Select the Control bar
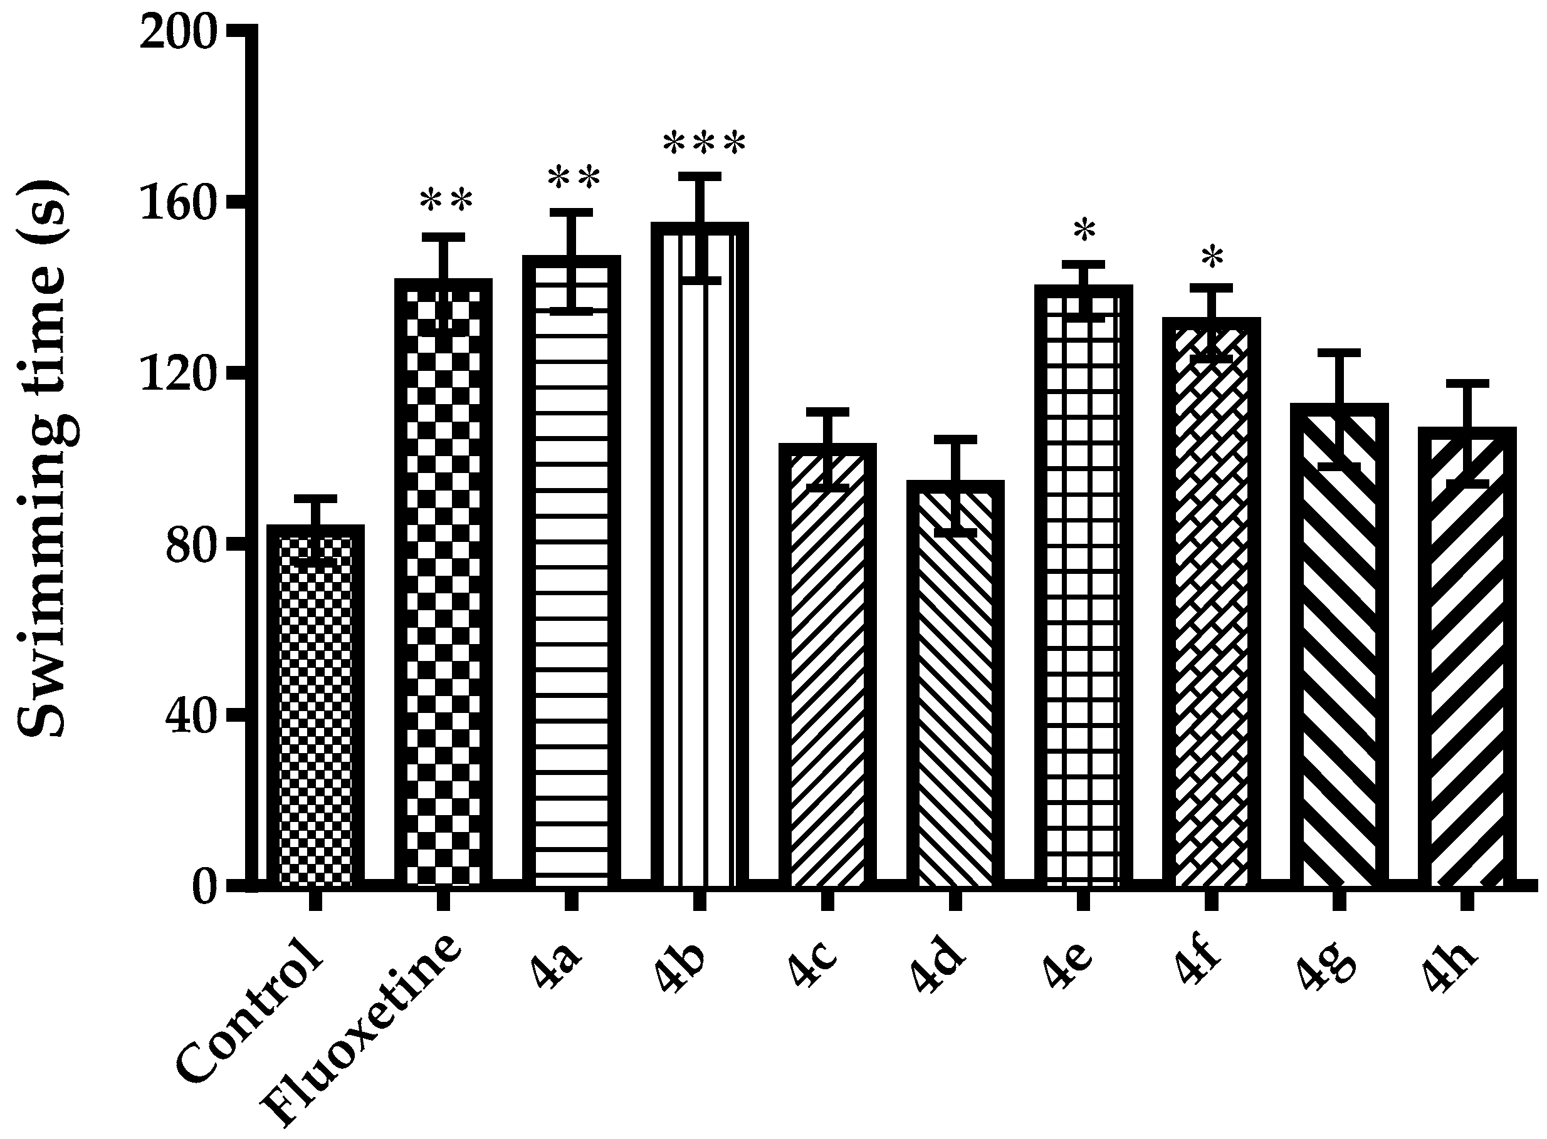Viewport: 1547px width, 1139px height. (x=315, y=710)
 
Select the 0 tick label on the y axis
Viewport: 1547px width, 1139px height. (x=206, y=887)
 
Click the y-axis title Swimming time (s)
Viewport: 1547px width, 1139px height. (x=43, y=460)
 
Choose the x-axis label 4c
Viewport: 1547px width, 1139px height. (x=813, y=969)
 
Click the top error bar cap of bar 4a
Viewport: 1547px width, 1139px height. (x=571, y=212)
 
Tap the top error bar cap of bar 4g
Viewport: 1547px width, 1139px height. (x=1339, y=352)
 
